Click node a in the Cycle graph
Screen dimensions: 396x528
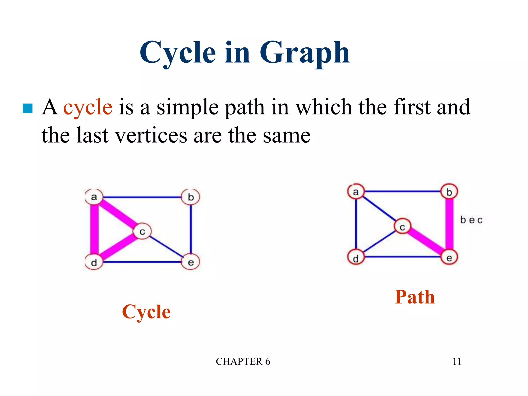pyautogui.click(x=94, y=197)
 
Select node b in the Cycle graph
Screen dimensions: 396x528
pyautogui.click(x=191, y=197)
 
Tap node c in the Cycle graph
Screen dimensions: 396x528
pyautogui.click(x=142, y=231)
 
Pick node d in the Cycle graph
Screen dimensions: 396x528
pyautogui.click(x=94, y=262)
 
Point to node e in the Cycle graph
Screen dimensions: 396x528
pyautogui.click(x=191, y=262)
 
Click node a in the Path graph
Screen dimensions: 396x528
pyautogui.click(x=356, y=192)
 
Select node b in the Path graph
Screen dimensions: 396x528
pyautogui.click(x=449, y=192)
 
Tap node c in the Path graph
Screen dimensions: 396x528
pyautogui.click(x=402, y=227)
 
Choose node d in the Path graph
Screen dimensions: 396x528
pyautogui.click(x=356, y=258)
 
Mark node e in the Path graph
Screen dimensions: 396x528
pyautogui.click(x=449, y=257)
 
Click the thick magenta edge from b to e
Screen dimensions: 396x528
pyautogui.click(x=449, y=224)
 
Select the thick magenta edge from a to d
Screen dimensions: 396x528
pyautogui.click(x=94, y=229)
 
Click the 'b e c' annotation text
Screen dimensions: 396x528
pyautogui.click(x=471, y=220)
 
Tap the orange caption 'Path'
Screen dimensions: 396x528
pyautogui.click(x=415, y=297)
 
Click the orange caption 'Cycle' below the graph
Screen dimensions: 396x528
pyautogui.click(x=146, y=312)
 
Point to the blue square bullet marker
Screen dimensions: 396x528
pyautogui.click(x=28, y=108)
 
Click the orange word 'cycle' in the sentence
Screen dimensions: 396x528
pyautogui.click(x=88, y=107)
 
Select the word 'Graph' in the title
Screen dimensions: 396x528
pyautogui.click(x=304, y=53)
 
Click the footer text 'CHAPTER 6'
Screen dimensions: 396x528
pyautogui.click(x=243, y=361)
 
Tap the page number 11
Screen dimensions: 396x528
pyautogui.click(x=457, y=361)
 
